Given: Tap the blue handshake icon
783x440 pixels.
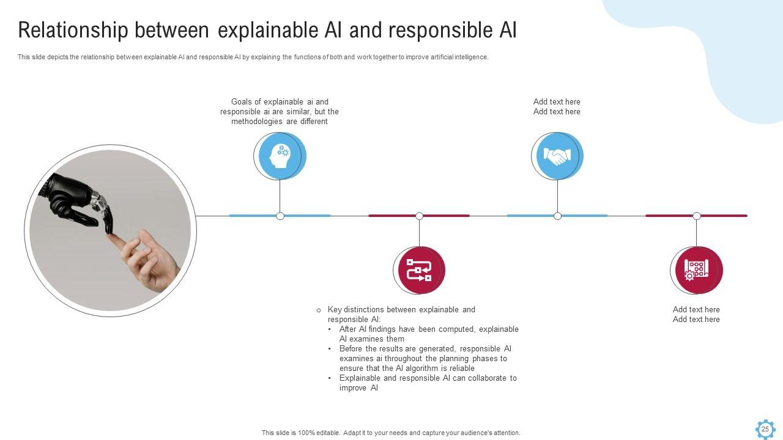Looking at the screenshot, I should point(557,156).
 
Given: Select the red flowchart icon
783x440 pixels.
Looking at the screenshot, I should point(419,269).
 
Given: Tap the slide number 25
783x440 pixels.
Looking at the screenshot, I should point(765,429).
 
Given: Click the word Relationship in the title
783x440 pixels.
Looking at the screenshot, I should point(73,30).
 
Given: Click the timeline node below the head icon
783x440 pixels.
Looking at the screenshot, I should point(280,216).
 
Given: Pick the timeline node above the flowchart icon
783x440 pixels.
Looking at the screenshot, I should point(419,216).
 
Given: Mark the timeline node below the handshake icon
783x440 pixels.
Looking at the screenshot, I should point(557,216).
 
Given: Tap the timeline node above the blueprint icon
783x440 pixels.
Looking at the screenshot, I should point(696,216).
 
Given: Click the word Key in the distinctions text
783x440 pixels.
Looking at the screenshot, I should point(335,310).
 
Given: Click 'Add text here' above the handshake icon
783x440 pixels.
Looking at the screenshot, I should point(557,102).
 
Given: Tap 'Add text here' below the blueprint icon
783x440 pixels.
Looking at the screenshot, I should point(696,310).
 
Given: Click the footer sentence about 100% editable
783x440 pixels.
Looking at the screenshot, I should point(391,433).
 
